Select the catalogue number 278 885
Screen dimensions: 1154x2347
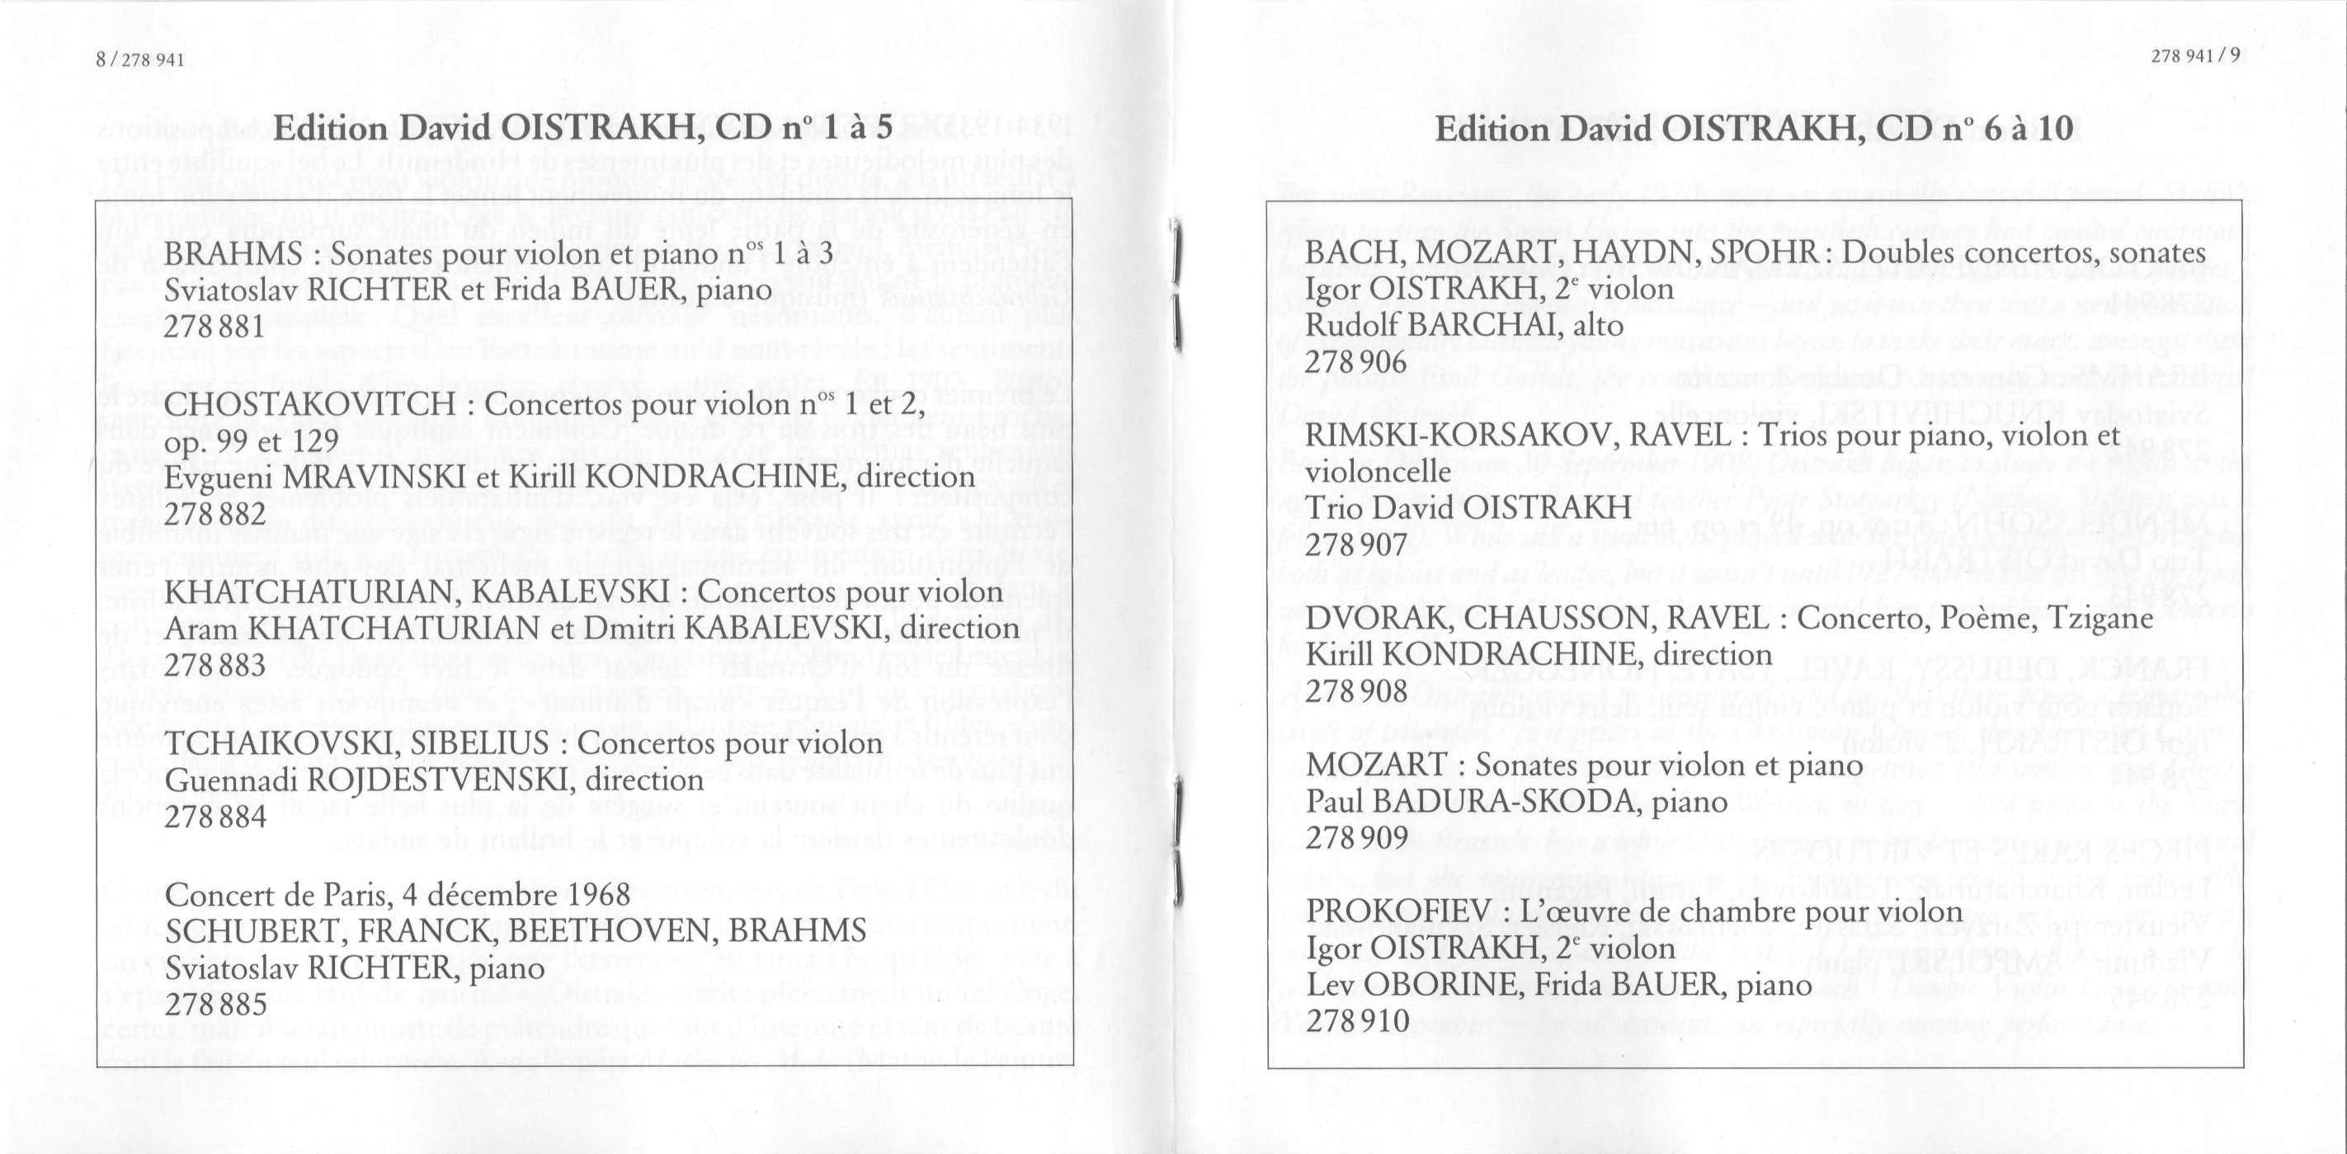tap(216, 1004)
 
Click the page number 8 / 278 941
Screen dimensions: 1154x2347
tap(139, 60)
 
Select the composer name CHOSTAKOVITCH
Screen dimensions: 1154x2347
tap(310, 403)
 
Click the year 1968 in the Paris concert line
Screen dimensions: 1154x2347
tap(596, 893)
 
